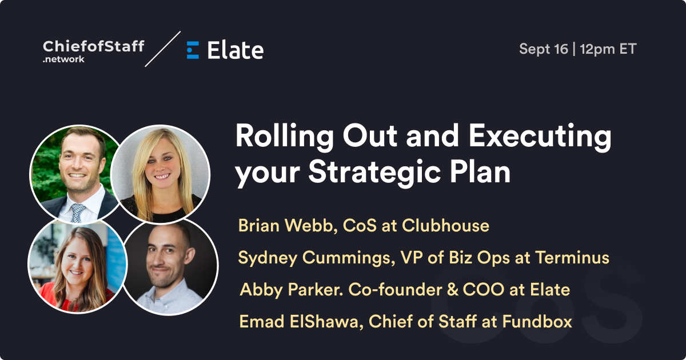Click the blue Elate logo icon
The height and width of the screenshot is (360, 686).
(193, 50)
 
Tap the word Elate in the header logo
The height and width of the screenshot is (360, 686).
(235, 50)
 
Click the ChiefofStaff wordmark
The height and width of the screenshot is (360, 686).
(93, 46)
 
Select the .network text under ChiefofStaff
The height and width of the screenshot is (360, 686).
(63, 59)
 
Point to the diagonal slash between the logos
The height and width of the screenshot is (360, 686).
(162, 49)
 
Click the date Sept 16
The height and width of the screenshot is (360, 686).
(544, 49)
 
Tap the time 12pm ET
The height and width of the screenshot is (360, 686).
(608, 49)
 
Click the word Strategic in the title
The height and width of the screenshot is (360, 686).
(374, 172)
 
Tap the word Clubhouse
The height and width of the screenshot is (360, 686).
(445, 226)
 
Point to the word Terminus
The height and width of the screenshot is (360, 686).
(572, 258)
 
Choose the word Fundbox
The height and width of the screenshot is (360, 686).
(537, 321)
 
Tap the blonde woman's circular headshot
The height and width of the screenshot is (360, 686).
(160, 174)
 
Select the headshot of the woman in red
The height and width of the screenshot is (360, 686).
(77, 265)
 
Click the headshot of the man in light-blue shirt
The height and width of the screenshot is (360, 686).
(170, 267)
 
